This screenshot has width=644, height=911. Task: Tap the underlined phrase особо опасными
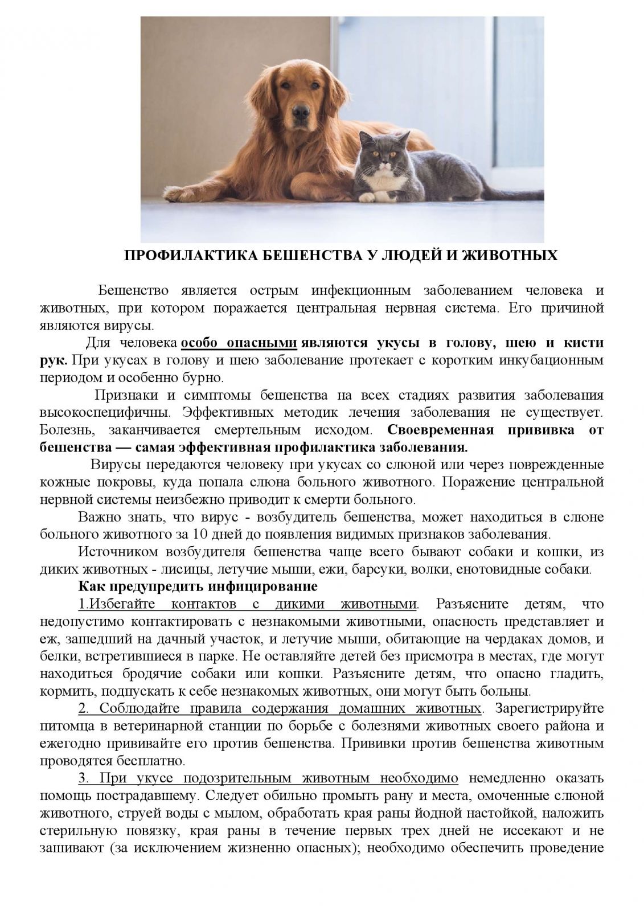pyautogui.click(x=239, y=343)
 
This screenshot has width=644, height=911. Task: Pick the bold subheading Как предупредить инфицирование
pyautogui.click(x=197, y=586)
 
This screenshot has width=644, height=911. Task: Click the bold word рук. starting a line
pyautogui.click(x=54, y=360)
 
